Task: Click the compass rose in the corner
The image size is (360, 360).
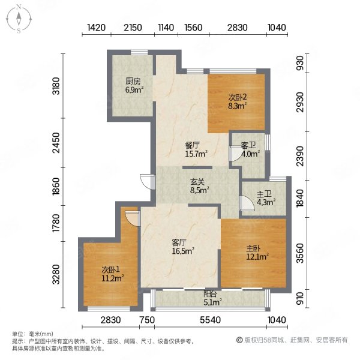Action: pos(19,19)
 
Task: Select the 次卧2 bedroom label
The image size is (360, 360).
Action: pos(238,101)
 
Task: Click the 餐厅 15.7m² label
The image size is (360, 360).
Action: pos(196,149)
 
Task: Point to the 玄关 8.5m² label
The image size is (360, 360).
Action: pos(199,186)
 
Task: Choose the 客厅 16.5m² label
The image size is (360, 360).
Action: pos(183,247)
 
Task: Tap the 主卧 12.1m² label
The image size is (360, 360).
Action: pos(257,253)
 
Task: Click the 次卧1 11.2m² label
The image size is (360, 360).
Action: pos(113,274)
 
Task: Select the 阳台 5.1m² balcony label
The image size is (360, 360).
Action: pos(212,298)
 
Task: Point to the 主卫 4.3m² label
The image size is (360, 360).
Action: pos(266,199)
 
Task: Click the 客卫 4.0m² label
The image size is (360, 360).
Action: pos(250,149)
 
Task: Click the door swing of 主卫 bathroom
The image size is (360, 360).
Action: pos(247,203)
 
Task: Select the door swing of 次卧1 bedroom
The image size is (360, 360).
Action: pos(133,218)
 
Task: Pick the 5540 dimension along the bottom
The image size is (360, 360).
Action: pos(211,320)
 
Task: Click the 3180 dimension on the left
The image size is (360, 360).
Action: pos(56,86)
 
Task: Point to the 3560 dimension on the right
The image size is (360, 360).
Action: pos(300,253)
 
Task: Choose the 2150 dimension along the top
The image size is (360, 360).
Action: pos(133,28)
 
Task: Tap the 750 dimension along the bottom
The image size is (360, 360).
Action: pos(147,320)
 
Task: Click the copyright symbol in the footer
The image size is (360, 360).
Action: pos(239,340)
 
